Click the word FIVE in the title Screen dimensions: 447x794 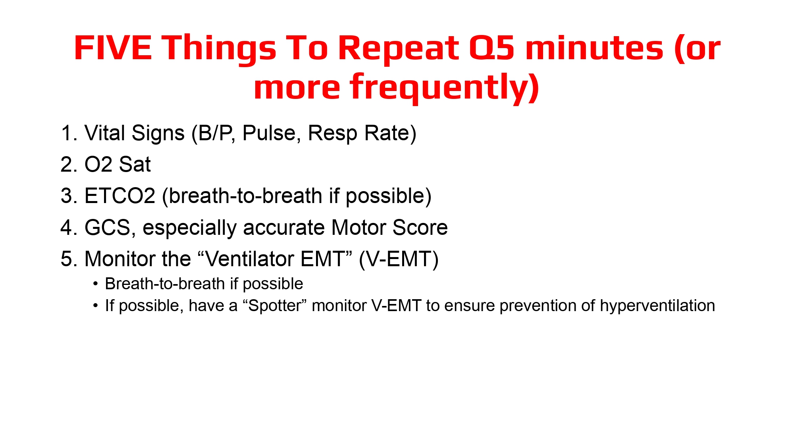point(113,48)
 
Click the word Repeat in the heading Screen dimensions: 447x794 point(399,48)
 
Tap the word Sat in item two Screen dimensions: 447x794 point(135,164)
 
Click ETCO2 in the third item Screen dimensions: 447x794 point(119,196)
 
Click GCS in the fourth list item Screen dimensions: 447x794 point(110,228)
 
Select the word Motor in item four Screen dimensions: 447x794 point(358,228)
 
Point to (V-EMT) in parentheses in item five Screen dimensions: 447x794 point(399,259)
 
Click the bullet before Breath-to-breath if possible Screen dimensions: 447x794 point(95,284)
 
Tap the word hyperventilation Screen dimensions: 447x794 point(657,306)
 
